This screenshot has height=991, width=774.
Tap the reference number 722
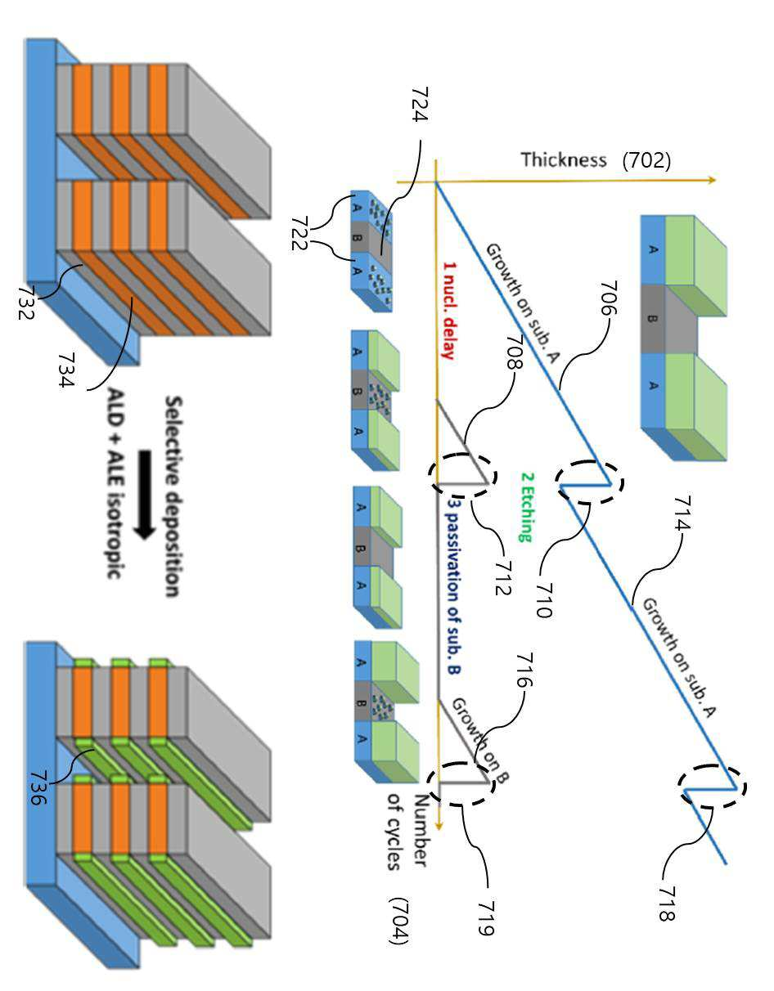299,234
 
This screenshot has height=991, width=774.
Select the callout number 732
26,303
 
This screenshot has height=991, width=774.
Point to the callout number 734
66,370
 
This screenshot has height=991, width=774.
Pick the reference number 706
609,298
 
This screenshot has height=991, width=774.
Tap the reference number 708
515,352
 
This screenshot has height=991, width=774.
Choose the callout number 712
503,578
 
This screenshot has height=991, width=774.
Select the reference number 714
682,513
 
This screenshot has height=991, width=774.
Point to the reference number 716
524,670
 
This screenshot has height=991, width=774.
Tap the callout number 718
667,904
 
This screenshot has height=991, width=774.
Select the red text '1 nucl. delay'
448,311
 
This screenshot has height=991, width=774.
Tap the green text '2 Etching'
527,507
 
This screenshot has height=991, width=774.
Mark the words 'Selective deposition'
173,496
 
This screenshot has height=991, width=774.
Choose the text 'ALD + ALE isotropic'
116,483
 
